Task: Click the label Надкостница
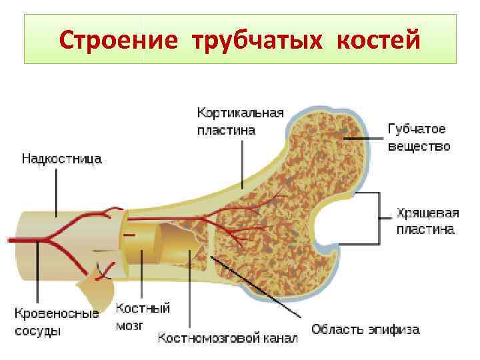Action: click(x=61, y=159)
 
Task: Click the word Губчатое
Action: click(x=417, y=129)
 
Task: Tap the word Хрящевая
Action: click(x=427, y=213)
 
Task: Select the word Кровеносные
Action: click(x=57, y=313)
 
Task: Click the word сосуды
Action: click(x=37, y=330)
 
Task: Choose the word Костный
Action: click(x=143, y=309)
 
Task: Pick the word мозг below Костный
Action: click(x=130, y=326)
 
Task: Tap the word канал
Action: click(x=278, y=338)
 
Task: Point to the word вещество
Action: click(x=419, y=146)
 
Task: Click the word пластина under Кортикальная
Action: click(x=225, y=131)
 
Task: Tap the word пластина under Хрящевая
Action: click(x=425, y=230)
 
